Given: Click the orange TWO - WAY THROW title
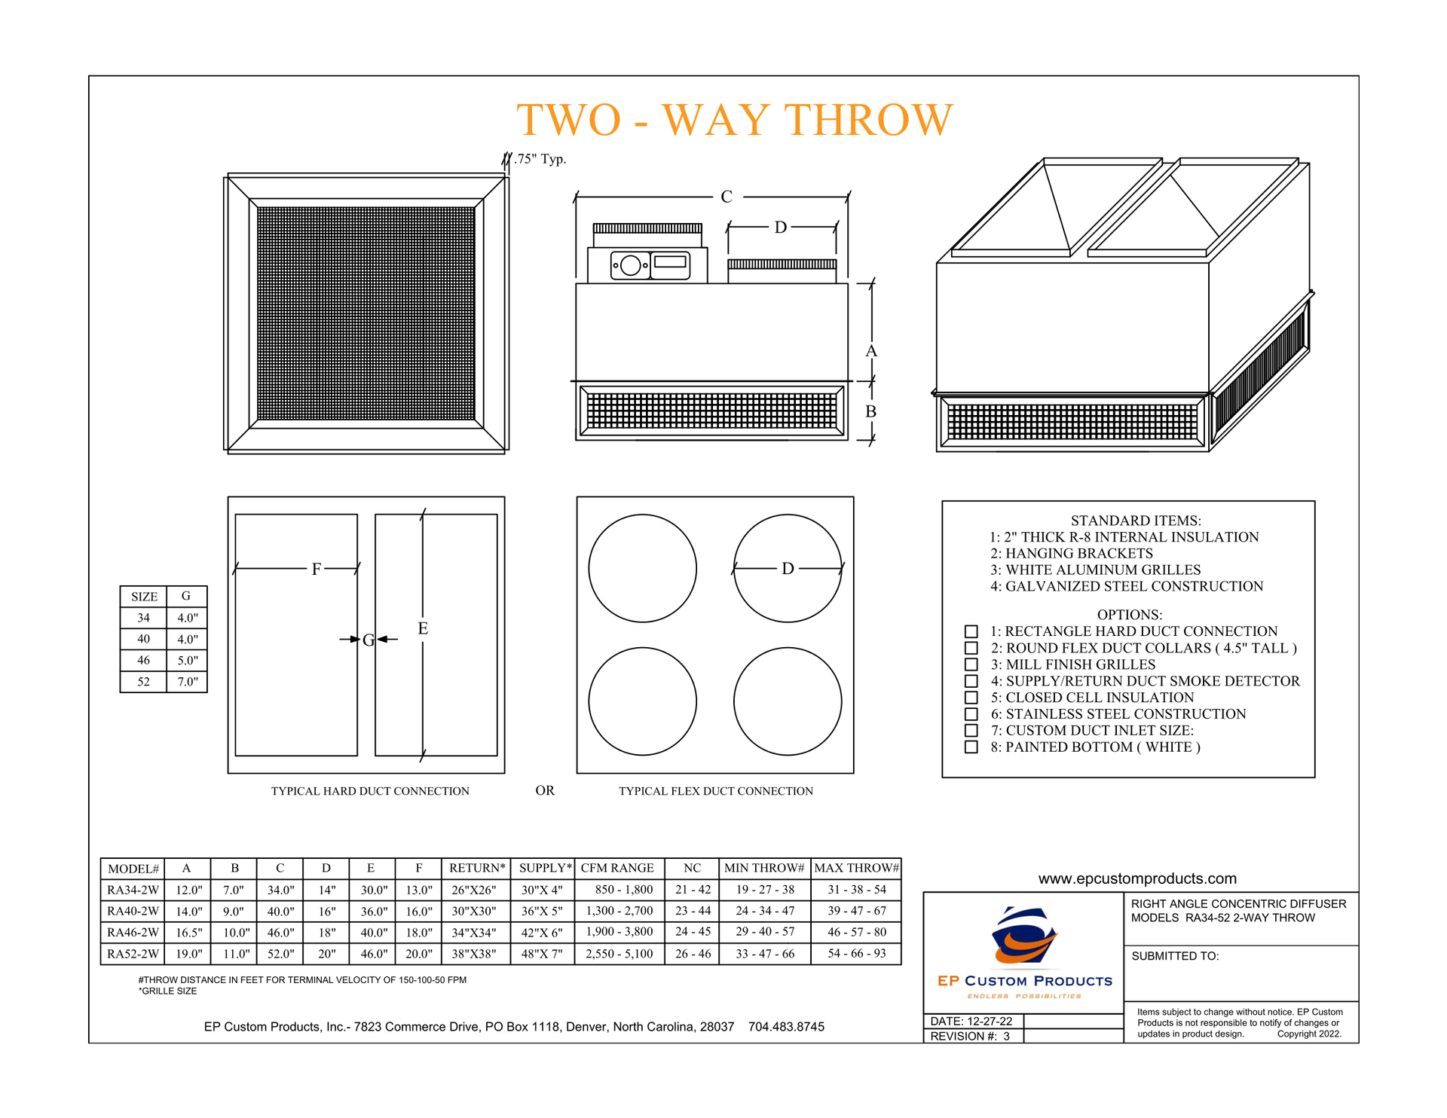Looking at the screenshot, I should click(x=734, y=120).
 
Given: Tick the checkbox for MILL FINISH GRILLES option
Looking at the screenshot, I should click(x=971, y=664).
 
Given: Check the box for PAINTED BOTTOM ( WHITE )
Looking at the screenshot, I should click(x=971, y=747).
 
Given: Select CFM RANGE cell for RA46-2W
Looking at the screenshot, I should click(x=619, y=932).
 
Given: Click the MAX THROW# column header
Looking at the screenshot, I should click(x=856, y=868).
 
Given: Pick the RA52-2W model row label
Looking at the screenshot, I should click(x=133, y=954).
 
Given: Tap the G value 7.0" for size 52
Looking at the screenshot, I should click(x=187, y=682).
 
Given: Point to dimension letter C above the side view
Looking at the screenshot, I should click(x=726, y=197).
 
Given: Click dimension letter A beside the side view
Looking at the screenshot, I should click(x=871, y=351).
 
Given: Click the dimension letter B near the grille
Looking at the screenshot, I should click(x=870, y=411).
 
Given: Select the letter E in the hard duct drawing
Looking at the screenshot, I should click(x=423, y=628).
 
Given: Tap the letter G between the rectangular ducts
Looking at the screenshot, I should click(x=368, y=640).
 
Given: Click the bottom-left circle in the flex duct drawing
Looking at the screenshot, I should click(x=642, y=701).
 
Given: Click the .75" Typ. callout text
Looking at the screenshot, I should click(x=540, y=159).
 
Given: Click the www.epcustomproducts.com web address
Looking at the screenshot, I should click(x=1136, y=878).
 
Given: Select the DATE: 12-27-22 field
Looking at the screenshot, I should click(x=971, y=1022).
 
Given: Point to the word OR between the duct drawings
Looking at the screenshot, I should click(x=545, y=790).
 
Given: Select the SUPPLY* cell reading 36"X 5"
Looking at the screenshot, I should click(x=541, y=911).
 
